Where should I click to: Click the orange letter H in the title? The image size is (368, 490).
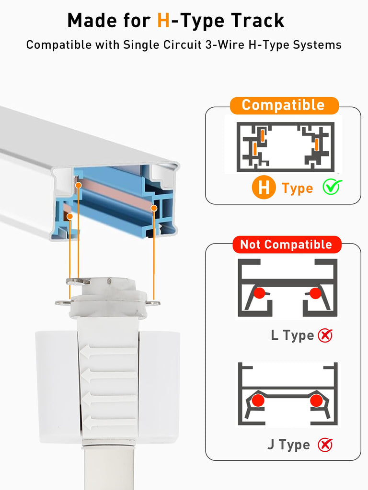[163, 21]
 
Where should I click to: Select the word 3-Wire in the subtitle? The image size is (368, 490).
[225, 45]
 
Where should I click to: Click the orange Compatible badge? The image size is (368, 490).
[284, 105]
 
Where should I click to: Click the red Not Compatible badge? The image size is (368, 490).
[287, 245]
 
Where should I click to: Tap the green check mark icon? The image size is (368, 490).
[332, 187]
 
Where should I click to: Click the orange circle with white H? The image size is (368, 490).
[264, 188]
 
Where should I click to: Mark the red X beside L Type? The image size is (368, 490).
[325, 335]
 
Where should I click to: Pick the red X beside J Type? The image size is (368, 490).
[325, 445]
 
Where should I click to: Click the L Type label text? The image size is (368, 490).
[292, 335]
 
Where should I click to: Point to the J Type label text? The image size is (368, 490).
[288, 445]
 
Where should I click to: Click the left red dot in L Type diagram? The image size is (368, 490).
[259, 293]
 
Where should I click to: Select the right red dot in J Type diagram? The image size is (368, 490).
[316, 401]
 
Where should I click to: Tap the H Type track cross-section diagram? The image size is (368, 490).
[286, 147]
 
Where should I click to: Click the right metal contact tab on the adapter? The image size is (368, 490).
[153, 303]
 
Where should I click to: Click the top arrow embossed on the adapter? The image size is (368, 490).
[108, 351]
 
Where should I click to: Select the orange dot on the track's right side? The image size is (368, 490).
[154, 208]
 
